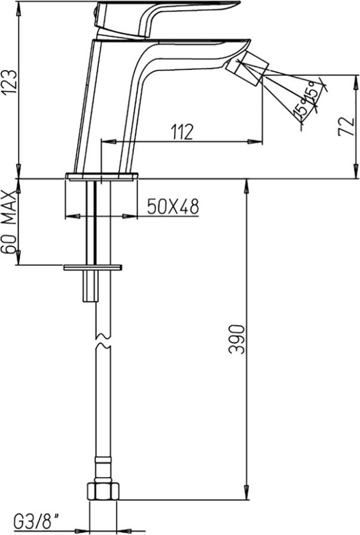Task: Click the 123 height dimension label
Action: (8, 83)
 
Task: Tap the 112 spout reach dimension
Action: (182, 132)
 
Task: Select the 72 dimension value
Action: (347, 126)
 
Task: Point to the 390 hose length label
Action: (237, 340)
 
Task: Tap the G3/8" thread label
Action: (36, 521)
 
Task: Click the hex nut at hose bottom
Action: (103, 491)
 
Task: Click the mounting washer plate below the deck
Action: (93, 268)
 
